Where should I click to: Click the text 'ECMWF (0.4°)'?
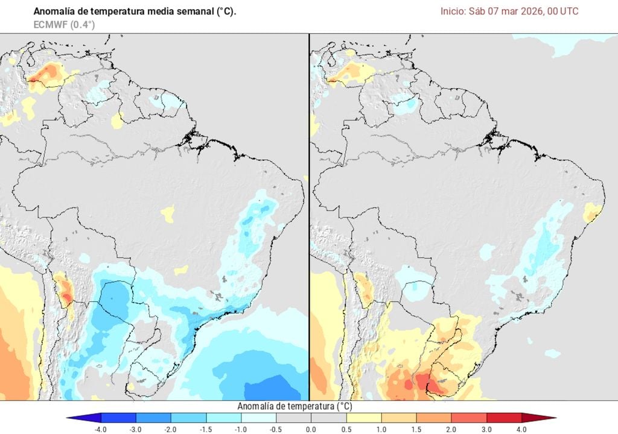pos(64,24)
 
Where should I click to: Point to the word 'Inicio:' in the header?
pos(453,11)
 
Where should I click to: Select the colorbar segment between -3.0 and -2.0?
pos(153,418)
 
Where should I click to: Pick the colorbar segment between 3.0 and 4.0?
pos(503,418)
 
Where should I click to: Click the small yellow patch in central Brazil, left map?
pos(168,212)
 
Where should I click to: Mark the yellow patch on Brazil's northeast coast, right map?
pos(593,212)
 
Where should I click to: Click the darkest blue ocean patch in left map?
pos(272,386)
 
